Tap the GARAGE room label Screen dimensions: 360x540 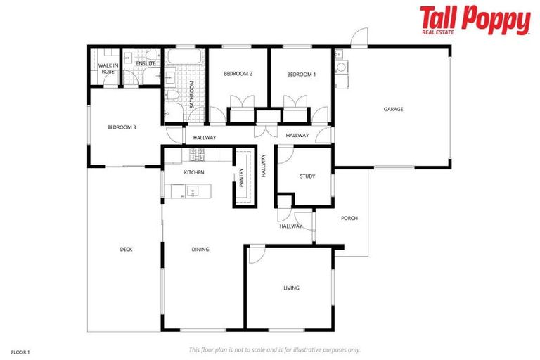click(x=393, y=109)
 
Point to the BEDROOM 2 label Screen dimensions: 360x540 click(x=238, y=74)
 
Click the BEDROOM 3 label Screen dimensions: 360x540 click(x=122, y=127)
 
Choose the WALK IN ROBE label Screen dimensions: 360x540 click(x=108, y=69)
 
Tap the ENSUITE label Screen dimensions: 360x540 click(x=146, y=64)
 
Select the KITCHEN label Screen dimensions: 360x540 click(x=194, y=172)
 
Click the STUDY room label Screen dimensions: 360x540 click(x=307, y=176)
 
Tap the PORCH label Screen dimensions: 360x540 click(x=349, y=219)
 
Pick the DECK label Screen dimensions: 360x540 click(x=127, y=250)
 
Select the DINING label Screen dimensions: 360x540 click(x=200, y=250)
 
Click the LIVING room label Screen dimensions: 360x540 click(x=291, y=288)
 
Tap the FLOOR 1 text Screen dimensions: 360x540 click(x=20, y=350)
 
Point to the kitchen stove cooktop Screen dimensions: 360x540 click(x=197, y=153)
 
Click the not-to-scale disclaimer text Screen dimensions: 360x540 click(x=275, y=349)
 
